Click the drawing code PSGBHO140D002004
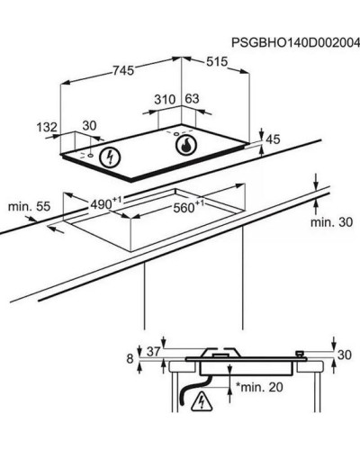pos(295,43)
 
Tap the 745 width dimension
pos(123,70)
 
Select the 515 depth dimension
pos(217,62)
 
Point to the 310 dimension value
pos(165,99)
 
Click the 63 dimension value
pos(192,99)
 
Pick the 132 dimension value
pos(47,127)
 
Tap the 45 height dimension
pos(273,139)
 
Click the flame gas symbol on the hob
pos(186,145)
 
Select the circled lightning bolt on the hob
pos(110,157)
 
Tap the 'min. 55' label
pos(29,207)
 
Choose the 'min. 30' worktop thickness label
pos(331,222)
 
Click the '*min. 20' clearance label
pos(260,387)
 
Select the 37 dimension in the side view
pos(153,352)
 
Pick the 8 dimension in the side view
pos(130,359)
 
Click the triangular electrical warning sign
pos(202,402)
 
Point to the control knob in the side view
pos(300,354)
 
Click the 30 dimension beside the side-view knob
pos(345,355)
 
